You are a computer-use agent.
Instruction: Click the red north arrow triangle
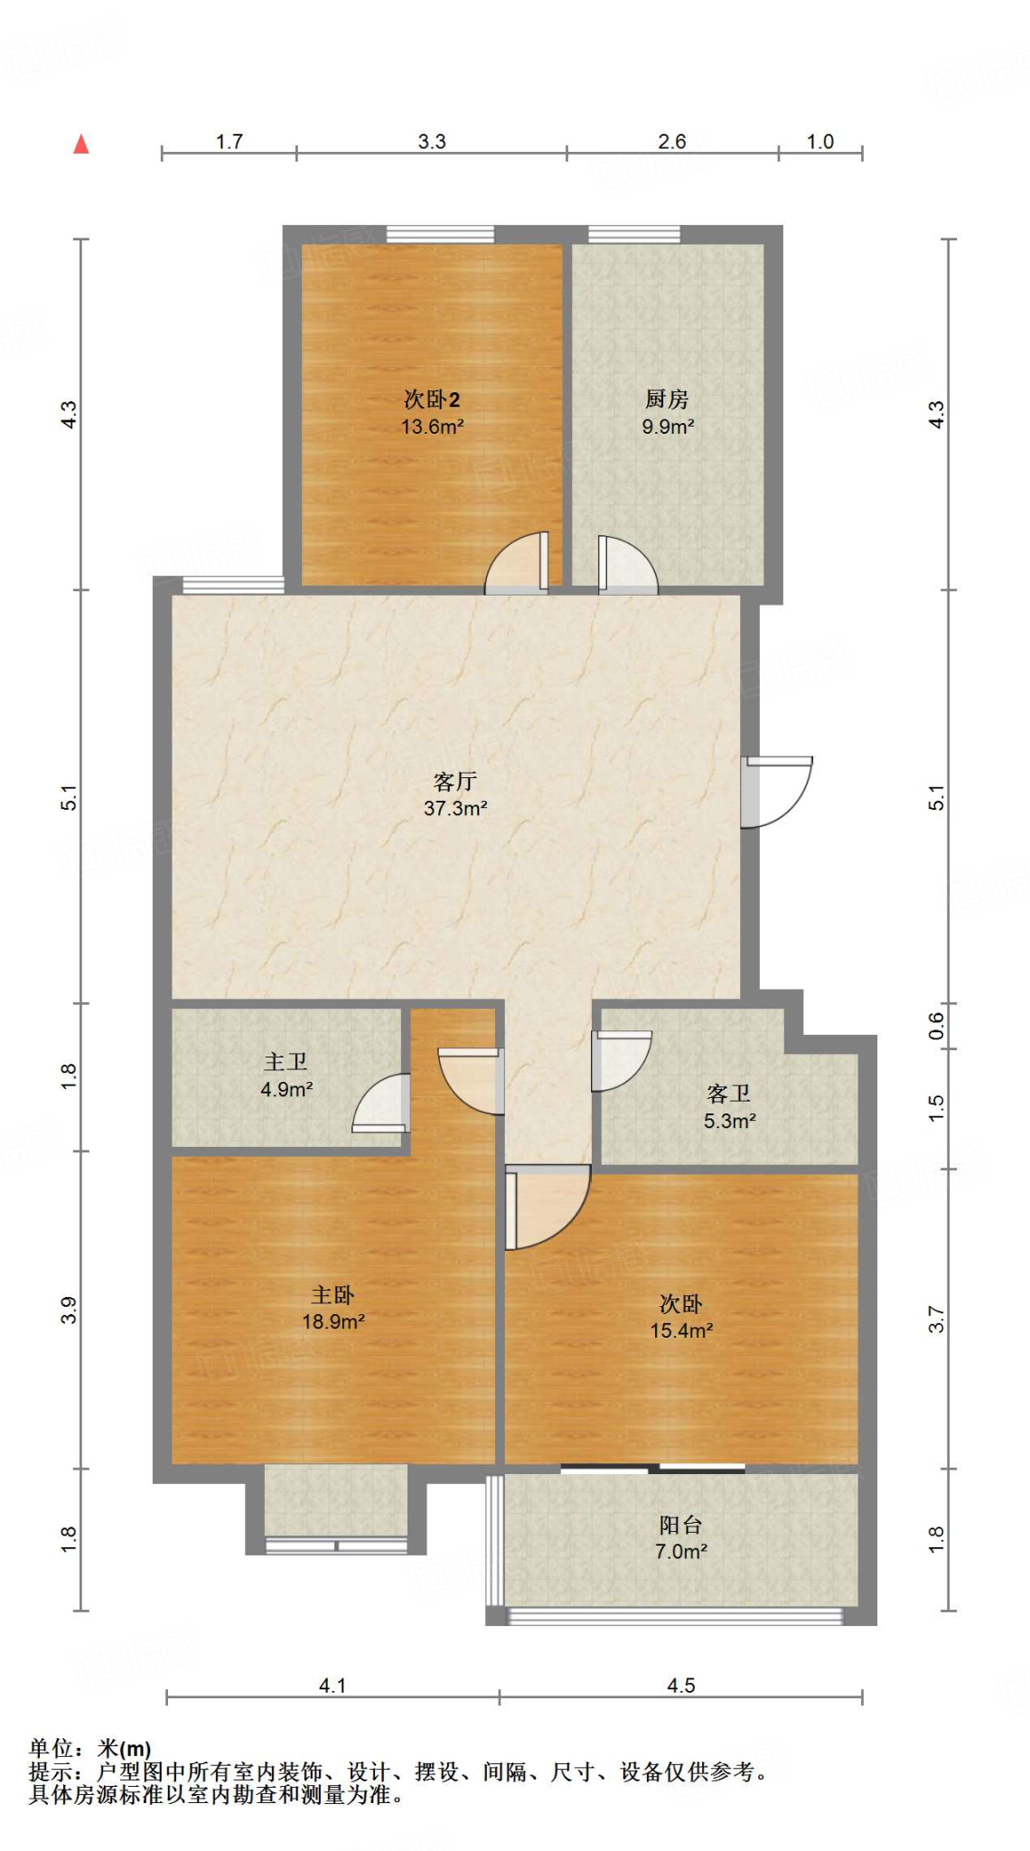(x=81, y=144)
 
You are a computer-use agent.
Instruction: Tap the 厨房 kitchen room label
(x=667, y=399)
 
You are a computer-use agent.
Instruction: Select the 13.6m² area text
(x=433, y=427)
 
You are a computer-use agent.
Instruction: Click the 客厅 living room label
(x=455, y=781)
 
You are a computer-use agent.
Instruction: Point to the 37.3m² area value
(x=455, y=808)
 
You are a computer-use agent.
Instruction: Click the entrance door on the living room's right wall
(x=776, y=792)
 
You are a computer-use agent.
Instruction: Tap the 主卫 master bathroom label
(x=286, y=1062)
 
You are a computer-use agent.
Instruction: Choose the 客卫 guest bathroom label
(x=729, y=1094)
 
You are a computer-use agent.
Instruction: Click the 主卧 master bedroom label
(x=332, y=1295)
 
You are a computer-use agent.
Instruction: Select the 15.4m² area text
(x=682, y=1330)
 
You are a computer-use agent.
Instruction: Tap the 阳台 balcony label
(x=681, y=1525)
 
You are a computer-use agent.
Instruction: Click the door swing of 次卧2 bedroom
(x=517, y=562)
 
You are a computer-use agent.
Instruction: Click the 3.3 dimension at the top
(x=432, y=142)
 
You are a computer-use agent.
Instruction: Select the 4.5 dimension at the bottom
(x=681, y=1686)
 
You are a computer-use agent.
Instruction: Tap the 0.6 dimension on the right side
(x=937, y=1026)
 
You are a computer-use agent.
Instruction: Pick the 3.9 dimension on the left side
(x=69, y=1310)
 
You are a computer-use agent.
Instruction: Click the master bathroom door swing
(x=381, y=1103)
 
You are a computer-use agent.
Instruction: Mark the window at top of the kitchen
(x=634, y=234)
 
